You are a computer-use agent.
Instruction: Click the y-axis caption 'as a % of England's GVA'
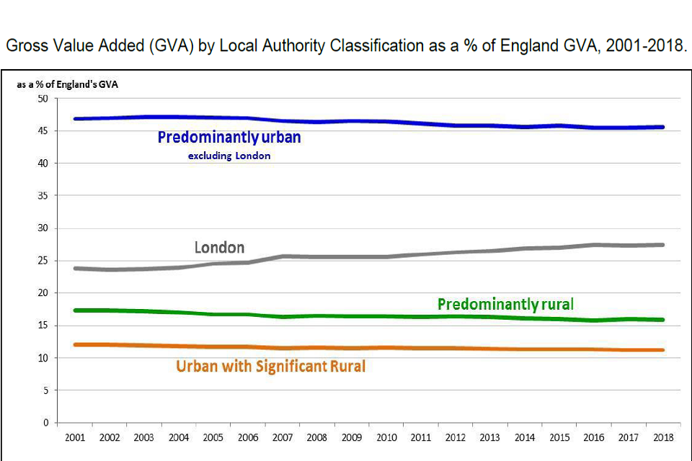(67, 84)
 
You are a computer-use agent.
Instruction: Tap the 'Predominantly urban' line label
(229, 137)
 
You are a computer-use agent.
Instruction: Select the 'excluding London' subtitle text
(229, 156)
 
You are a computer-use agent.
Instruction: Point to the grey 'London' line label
(219, 248)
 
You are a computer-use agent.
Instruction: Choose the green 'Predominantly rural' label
(505, 305)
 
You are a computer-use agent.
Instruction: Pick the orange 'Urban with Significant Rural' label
(270, 367)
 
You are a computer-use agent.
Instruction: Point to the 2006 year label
(247, 438)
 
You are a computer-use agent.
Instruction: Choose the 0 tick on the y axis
(45, 423)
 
